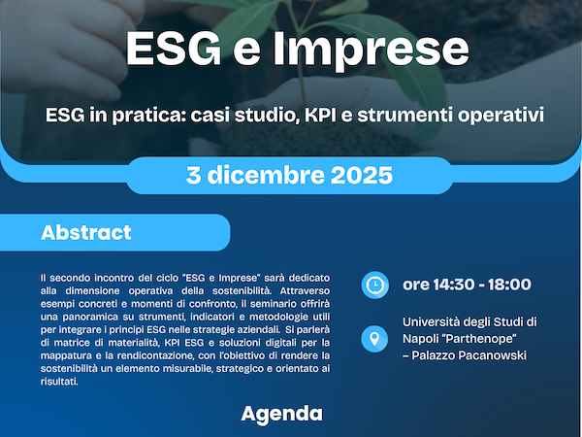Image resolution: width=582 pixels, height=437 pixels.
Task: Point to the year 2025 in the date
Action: [x=361, y=177]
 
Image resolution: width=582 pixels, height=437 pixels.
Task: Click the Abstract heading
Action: [x=85, y=234]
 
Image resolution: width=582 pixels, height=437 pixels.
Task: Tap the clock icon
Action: [x=373, y=285]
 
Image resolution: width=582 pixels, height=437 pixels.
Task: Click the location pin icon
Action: [x=373, y=339]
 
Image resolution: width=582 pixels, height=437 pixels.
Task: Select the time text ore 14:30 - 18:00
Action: [x=467, y=285]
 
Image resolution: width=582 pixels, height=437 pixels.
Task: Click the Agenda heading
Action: [x=281, y=414]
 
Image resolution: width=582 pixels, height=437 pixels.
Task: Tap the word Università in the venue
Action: [x=437, y=321]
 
